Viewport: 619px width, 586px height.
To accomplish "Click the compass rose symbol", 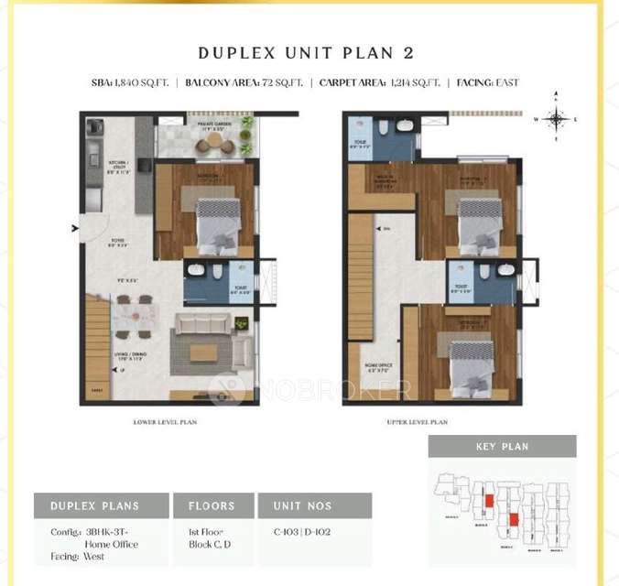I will click(556, 117).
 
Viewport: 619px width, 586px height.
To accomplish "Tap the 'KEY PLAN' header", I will click(502, 447).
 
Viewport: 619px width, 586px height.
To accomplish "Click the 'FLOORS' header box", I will click(212, 505).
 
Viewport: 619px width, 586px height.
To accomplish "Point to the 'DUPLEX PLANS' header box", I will click(102, 505).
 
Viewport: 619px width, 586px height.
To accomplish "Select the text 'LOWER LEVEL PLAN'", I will click(165, 422).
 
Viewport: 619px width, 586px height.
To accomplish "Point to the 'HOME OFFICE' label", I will click(378, 368).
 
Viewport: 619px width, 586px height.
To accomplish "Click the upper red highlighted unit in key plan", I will click(490, 500).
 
